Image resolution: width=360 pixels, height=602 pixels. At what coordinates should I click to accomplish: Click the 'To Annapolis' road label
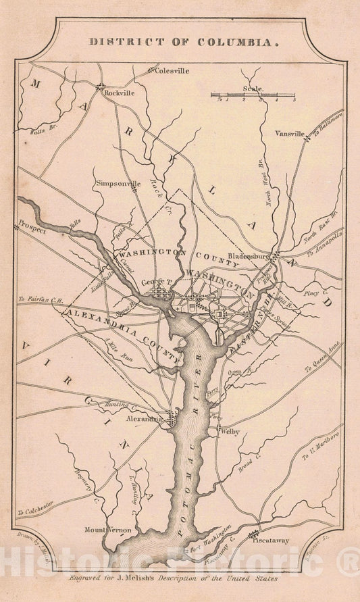pos(328,243)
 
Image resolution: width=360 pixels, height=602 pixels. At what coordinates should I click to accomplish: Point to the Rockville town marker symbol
pos(100,86)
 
